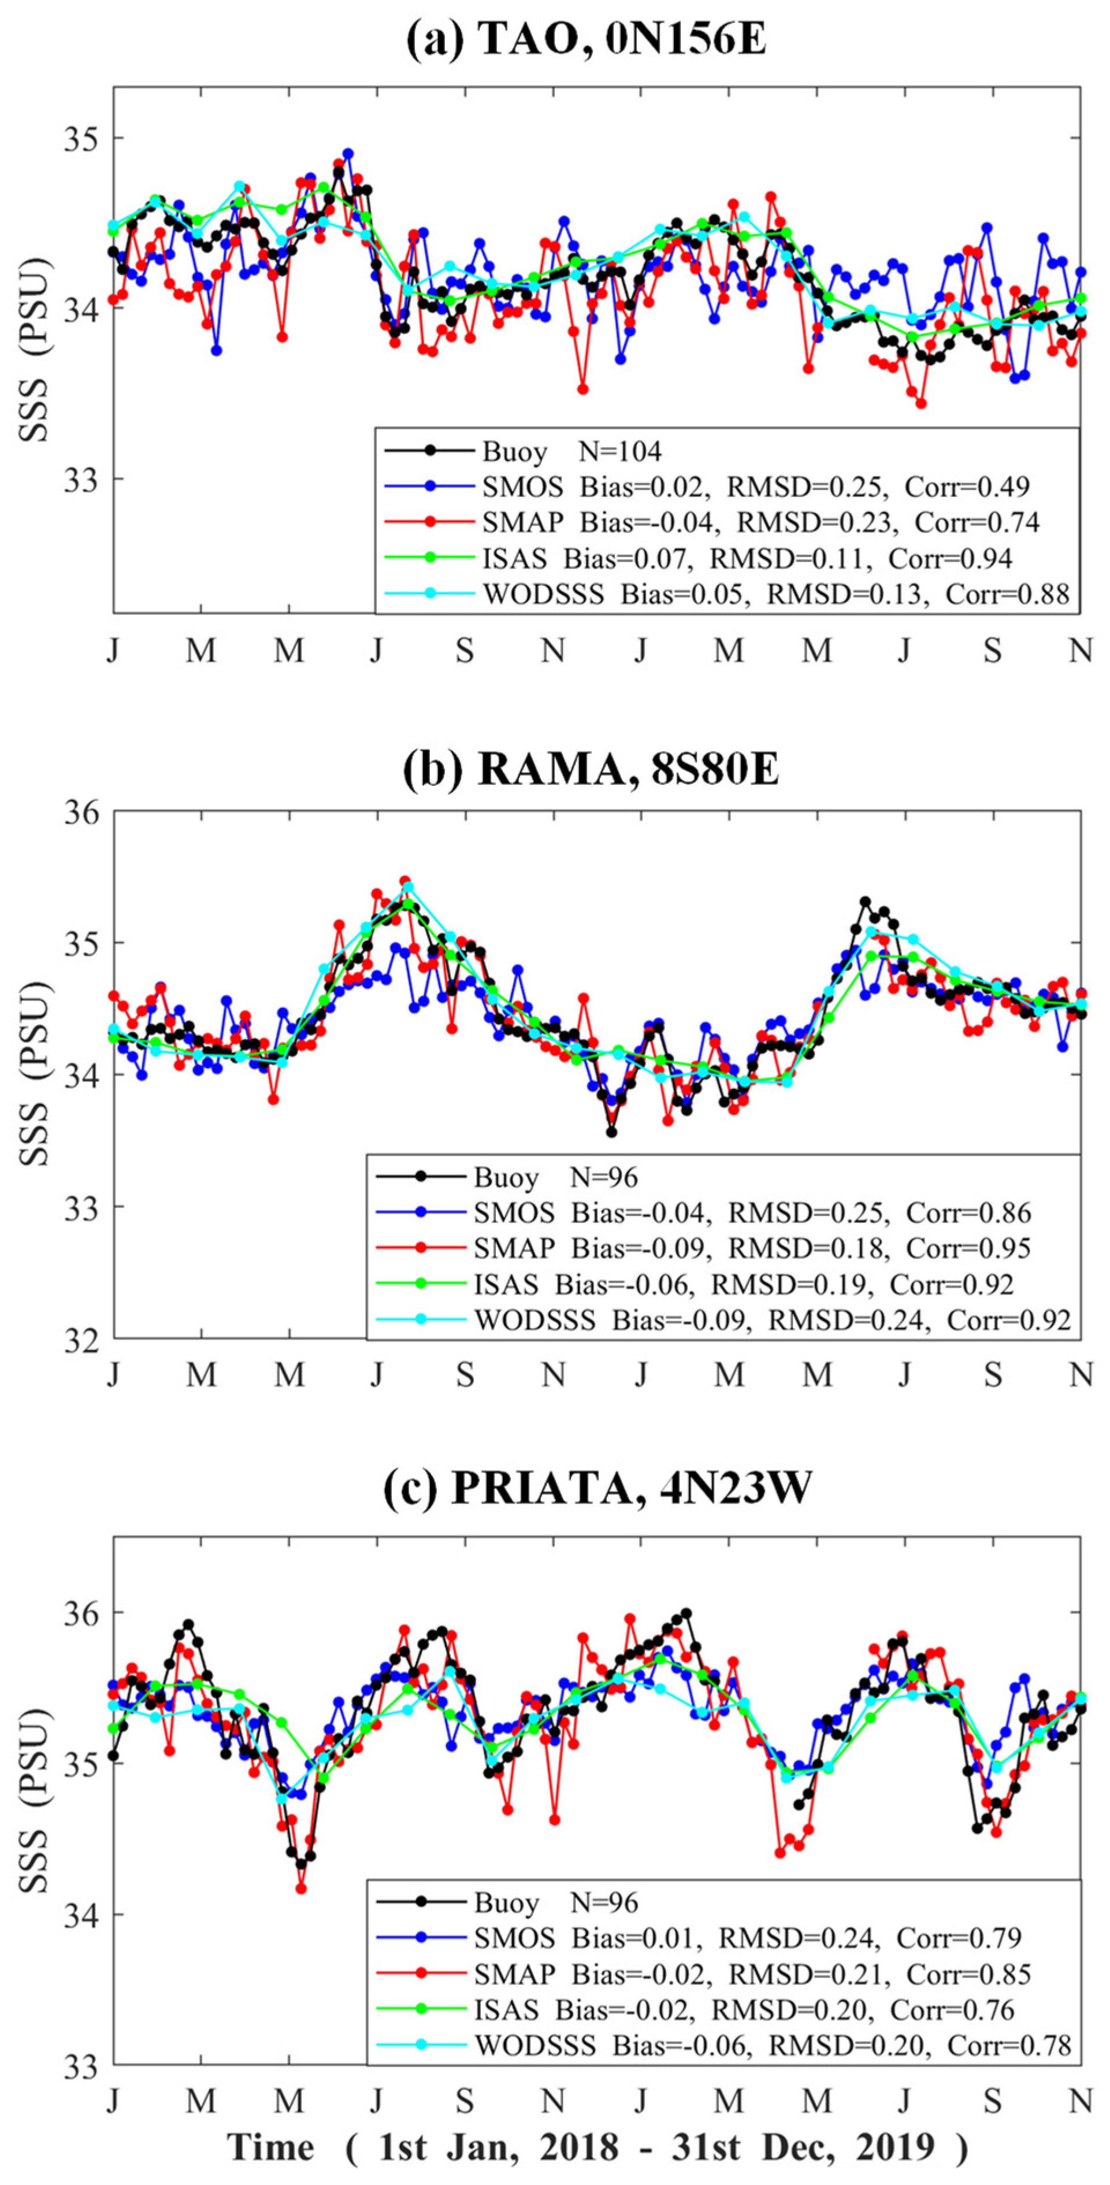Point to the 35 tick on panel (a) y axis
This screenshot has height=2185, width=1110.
coord(81,138)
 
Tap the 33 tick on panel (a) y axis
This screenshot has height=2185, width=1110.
coord(81,478)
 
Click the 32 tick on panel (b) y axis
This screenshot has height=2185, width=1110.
coord(81,1338)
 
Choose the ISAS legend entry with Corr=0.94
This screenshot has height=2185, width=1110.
coord(746,558)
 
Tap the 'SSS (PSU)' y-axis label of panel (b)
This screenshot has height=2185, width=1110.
coord(36,1075)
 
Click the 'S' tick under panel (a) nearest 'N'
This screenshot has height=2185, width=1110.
coord(465,651)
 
